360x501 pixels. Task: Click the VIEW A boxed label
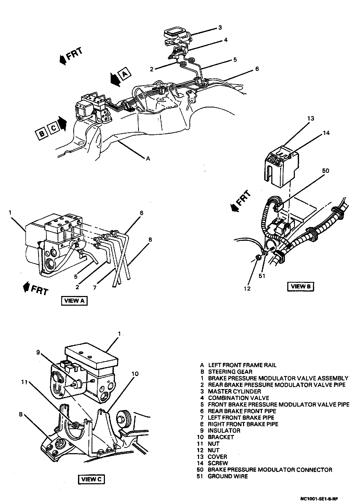[x=74, y=301]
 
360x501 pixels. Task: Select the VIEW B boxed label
[x=300, y=286]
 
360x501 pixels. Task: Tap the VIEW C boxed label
[x=91, y=479]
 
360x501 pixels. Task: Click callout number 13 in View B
[x=311, y=118]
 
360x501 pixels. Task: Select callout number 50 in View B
[x=326, y=171]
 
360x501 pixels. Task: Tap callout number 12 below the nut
[x=247, y=288]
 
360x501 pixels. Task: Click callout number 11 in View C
[x=24, y=382]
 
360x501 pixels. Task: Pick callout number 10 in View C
[x=135, y=374]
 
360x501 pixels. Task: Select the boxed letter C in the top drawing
[x=53, y=128]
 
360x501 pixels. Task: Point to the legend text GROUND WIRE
[x=228, y=476]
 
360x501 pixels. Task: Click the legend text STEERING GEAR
[x=230, y=372]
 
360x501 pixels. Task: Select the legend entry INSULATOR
[x=224, y=430]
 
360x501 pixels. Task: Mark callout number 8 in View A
[x=150, y=240]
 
